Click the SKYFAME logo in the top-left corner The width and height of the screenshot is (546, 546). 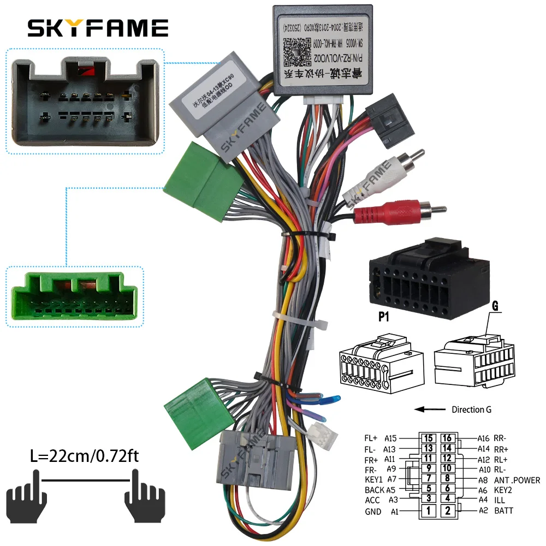pos(98,28)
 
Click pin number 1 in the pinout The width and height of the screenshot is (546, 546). pos(430,511)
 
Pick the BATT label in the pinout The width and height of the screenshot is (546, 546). pos(503,511)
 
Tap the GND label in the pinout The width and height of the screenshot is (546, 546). pos(373,512)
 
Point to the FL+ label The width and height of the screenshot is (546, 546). pos(371,438)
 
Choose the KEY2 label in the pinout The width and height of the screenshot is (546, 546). pos(505,490)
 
